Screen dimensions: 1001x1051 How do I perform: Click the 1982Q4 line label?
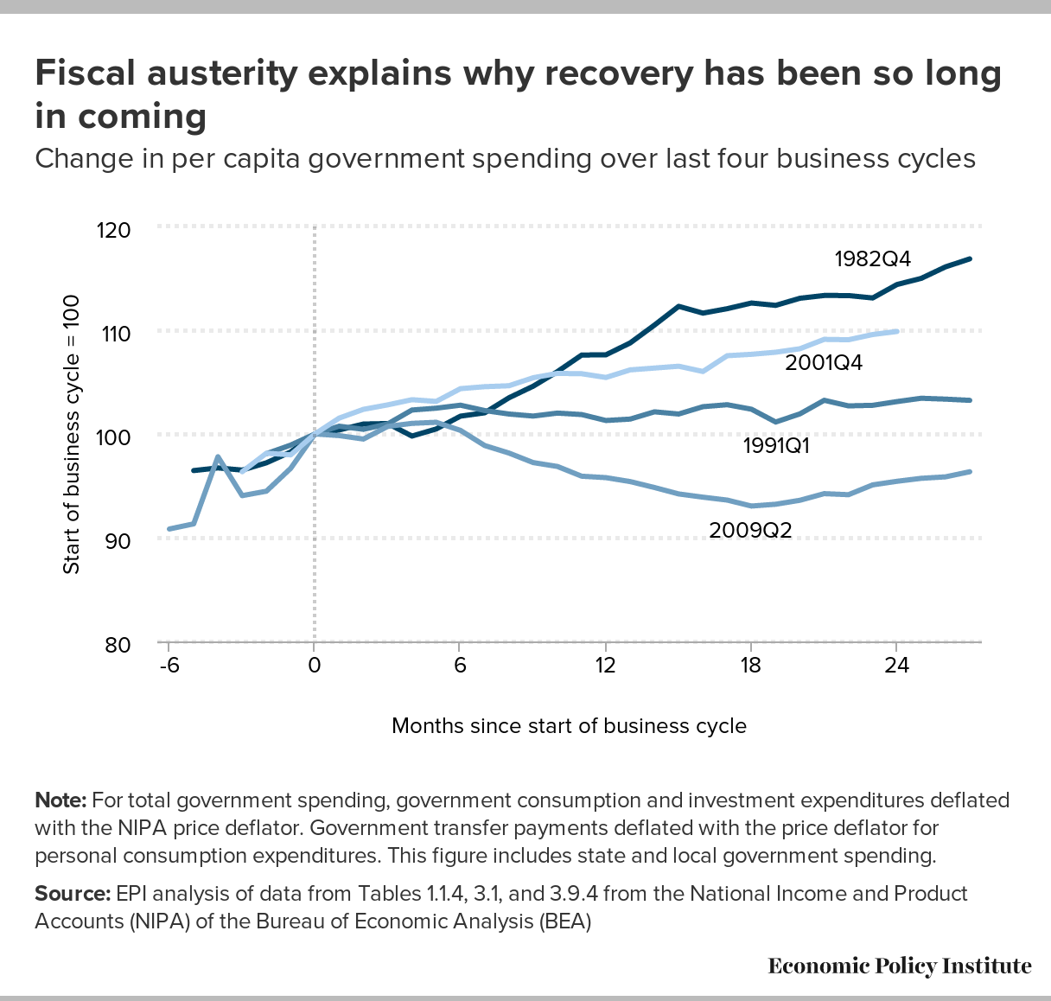tap(873, 258)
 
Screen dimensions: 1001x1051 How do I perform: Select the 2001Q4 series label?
tap(824, 362)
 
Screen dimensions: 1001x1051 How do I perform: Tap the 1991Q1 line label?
tap(782, 446)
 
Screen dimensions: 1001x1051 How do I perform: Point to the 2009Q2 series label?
tap(750, 530)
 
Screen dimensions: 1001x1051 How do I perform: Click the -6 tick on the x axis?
tap(167, 665)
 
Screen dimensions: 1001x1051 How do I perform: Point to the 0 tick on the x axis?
tap(314, 665)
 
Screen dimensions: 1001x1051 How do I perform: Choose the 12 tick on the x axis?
tap(605, 665)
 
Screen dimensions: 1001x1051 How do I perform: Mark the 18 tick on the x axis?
tap(750, 665)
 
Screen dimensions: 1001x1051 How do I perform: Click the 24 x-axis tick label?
tap(896, 665)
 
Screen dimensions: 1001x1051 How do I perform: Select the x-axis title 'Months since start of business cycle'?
tap(569, 725)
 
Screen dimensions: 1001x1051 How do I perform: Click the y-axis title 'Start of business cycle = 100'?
tap(72, 435)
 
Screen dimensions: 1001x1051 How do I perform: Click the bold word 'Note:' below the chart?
tap(61, 800)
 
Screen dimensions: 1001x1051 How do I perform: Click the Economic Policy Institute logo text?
tap(899, 966)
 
